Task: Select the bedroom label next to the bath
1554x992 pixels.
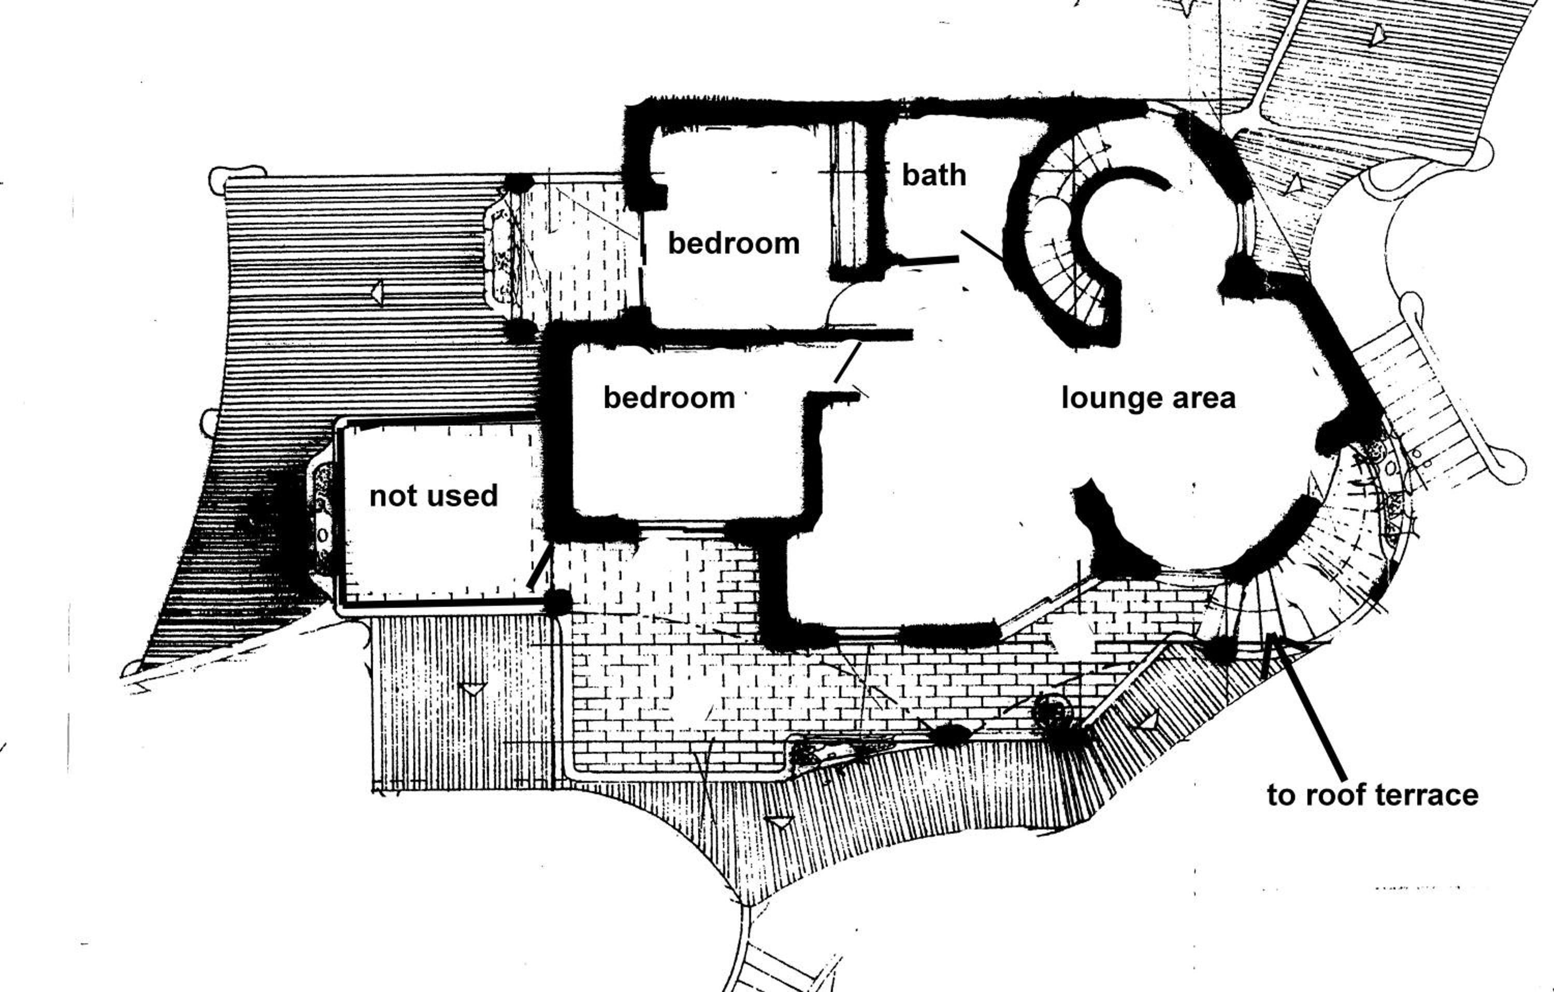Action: pyautogui.click(x=734, y=243)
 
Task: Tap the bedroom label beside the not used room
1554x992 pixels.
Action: pyautogui.click(x=669, y=397)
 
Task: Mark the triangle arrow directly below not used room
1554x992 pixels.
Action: pyautogui.click(x=474, y=688)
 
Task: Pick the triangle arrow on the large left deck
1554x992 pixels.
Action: pyautogui.click(x=377, y=293)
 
